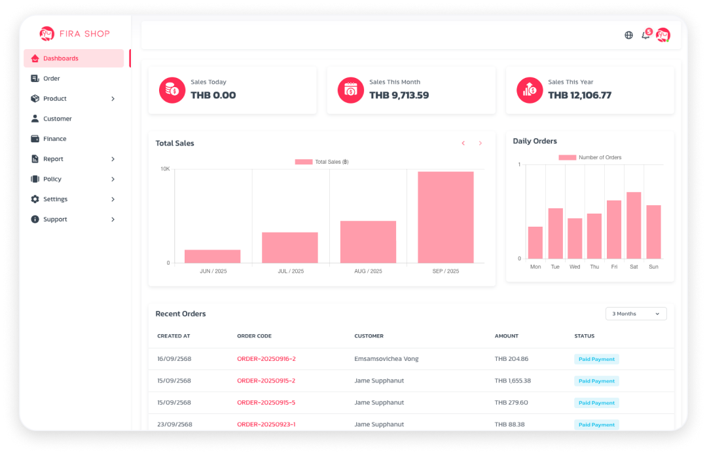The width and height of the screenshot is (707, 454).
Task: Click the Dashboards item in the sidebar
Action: [73, 58]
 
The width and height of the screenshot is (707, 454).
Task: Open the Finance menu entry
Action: [54, 139]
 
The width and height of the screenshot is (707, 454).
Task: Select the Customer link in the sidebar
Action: [57, 119]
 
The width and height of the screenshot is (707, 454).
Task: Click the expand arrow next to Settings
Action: [113, 199]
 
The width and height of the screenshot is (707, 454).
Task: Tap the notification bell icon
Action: [645, 35]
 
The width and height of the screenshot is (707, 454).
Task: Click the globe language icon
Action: [628, 35]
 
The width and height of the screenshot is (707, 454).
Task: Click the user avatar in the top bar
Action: [663, 35]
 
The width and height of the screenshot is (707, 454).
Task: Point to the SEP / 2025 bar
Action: [445, 218]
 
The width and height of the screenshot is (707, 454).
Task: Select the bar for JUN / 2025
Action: [212, 256]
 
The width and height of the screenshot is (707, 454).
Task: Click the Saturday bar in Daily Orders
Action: [634, 225]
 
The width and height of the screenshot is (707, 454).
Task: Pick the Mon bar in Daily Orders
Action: [535, 242]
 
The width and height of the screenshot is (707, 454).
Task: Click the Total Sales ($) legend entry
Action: [321, 162]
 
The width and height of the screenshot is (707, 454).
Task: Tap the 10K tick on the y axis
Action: [165, 169]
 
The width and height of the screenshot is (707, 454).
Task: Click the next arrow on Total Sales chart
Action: [480, 143]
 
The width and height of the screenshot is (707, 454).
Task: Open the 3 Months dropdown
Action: [636, 314]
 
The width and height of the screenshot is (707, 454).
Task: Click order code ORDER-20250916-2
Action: [266, 359]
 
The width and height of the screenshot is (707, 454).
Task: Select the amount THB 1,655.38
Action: [513, 381]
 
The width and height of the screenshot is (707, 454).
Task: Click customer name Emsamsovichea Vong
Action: [386, 359]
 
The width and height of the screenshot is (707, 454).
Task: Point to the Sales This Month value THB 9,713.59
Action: [399, 95]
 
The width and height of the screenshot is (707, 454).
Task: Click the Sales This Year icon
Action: [530, 90]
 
